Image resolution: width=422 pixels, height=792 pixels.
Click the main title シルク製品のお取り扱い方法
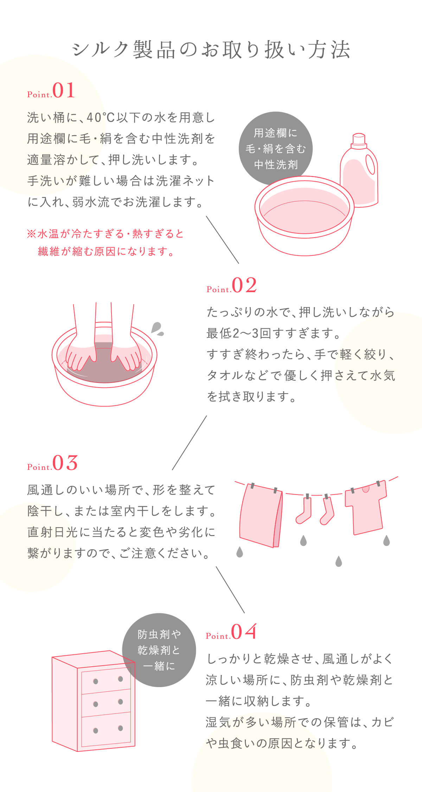pos(211,50)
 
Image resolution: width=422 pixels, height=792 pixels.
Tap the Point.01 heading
pos(51,90)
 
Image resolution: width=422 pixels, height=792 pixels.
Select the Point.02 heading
pos(232,285)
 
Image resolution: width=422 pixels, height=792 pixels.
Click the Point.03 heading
pos(52,463)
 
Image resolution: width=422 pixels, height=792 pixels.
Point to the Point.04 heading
pos(231,632)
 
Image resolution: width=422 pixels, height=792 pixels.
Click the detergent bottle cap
pos(359,139)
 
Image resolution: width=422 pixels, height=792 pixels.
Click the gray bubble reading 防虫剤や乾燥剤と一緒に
pos(159,650)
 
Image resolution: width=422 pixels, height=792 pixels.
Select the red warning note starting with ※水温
pos(105,243)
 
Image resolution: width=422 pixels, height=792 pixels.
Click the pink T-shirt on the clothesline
pos(366,507)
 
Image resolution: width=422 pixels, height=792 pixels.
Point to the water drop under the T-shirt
pos(386,541)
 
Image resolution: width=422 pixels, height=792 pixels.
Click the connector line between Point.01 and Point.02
pos(222,240)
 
